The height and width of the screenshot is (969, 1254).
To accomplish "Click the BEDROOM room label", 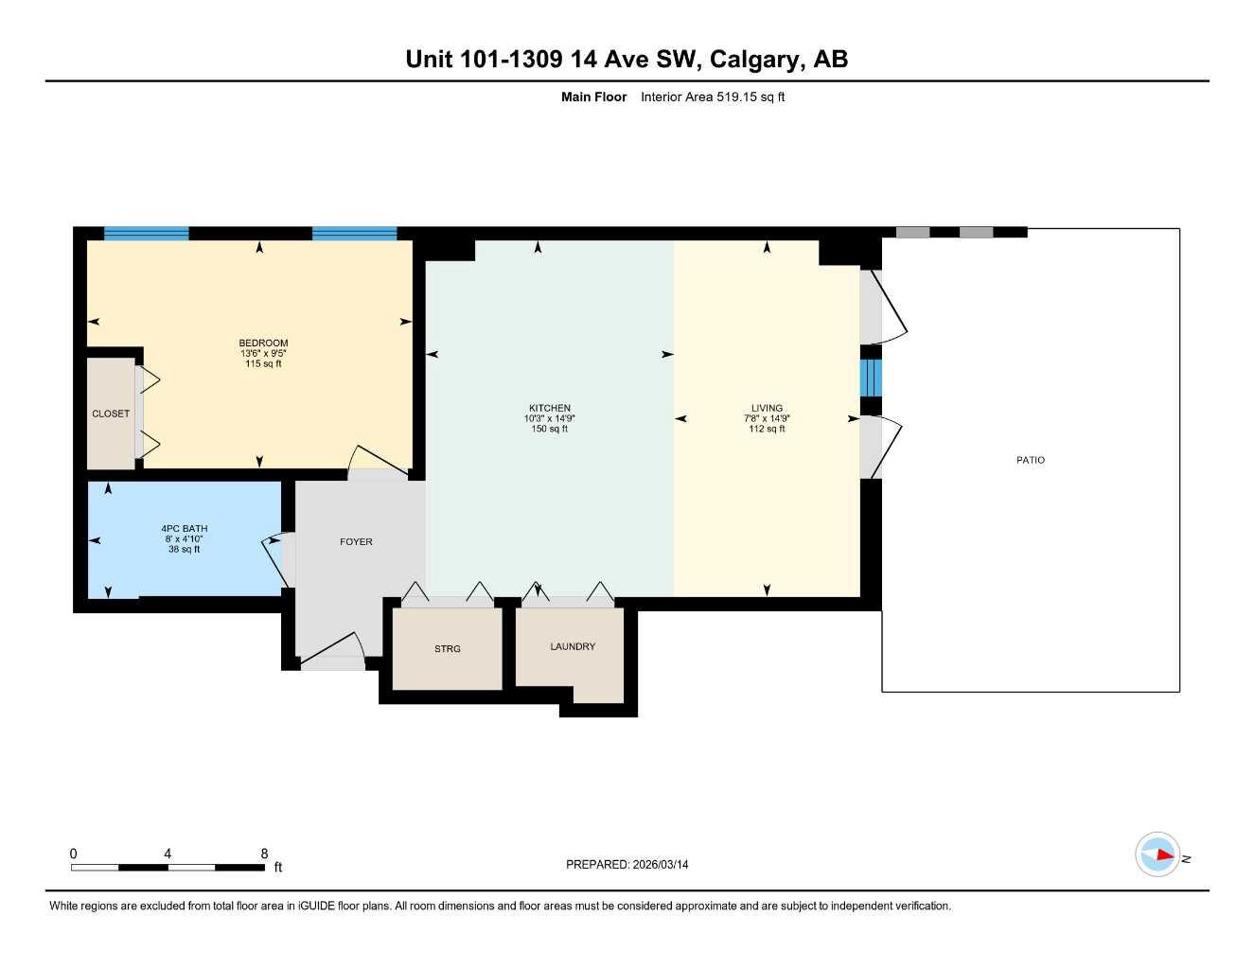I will (263, 343).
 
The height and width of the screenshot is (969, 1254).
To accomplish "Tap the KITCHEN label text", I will (549, 408).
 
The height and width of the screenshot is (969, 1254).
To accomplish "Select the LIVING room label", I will (767, 408).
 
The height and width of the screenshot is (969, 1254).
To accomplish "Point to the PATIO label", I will (1031, 460).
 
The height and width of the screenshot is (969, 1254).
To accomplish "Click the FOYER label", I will (356, 542).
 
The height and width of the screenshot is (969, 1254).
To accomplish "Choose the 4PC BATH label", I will (184, 528).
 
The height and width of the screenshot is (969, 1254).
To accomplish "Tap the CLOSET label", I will (111, 414).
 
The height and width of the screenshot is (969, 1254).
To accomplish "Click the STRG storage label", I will (448, 649).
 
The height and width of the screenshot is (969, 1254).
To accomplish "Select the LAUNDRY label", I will (573, 646).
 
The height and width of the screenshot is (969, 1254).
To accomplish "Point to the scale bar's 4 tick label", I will (168, 854).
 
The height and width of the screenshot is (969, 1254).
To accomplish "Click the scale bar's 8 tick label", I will (264, 854).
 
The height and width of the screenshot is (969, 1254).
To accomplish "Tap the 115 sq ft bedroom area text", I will (263, 363).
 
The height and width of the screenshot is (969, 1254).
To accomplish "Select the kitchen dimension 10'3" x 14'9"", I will (549, 418).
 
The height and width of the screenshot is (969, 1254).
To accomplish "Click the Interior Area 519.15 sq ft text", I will (713, 97).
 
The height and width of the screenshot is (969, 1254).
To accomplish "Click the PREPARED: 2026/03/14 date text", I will (627, 864).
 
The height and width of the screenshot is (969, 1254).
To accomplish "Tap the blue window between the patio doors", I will (871, 378).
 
